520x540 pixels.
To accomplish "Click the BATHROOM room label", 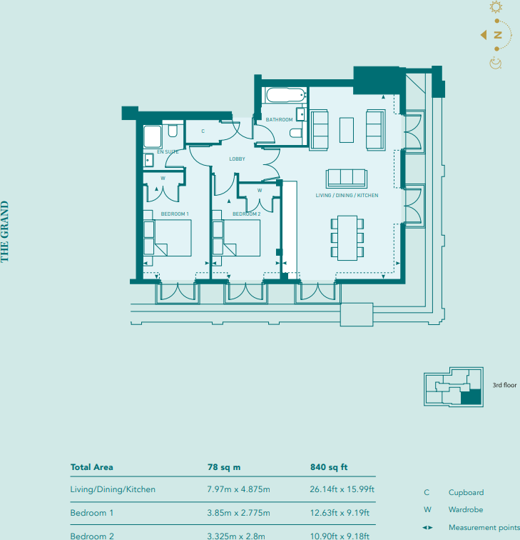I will (x=280, y=119).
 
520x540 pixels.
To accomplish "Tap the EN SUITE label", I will (x=167, y=151).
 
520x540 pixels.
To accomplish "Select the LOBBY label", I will (x=237, y=159).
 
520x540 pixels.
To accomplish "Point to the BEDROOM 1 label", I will (x=175, y=214).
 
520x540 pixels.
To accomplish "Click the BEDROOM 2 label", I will (x=246, y=214).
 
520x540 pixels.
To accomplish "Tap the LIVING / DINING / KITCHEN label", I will (x=347, y=195).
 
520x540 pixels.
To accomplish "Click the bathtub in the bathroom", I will (x=285, y=96).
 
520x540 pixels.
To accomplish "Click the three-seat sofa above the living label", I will (x=346, y=178).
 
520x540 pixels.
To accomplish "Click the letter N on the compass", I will (x=498, y=35).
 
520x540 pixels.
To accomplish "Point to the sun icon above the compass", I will (x=496, y=8).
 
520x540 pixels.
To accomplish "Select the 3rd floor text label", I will (x=504, y=385).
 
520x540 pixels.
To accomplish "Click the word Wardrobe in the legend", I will (x=467, y=510).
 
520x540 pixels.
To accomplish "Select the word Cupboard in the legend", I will (x=466, y=492).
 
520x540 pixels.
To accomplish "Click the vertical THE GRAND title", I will (x=5, y=231).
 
